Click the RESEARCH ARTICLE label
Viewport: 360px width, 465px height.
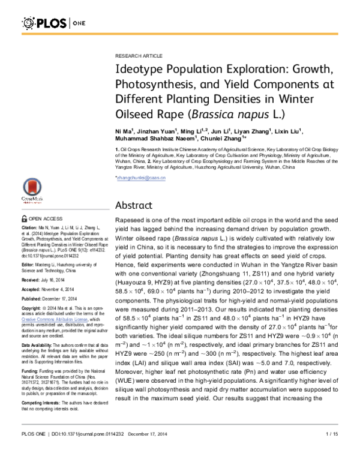pos(137,54)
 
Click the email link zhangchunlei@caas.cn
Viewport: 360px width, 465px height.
pos(140,179)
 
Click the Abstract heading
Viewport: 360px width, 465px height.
pos(136,205)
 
